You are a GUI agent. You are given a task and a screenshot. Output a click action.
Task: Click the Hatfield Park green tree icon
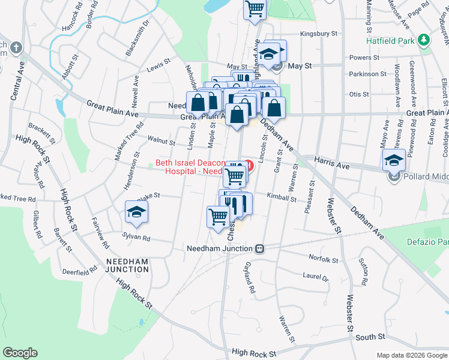[424, 40]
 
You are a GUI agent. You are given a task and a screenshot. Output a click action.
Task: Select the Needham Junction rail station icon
[260, 248]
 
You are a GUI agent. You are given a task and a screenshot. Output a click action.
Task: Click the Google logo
[20, 353]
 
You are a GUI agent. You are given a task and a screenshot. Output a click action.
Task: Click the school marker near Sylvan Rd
[137, 212]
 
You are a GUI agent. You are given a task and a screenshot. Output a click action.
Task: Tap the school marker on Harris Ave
[393, 160]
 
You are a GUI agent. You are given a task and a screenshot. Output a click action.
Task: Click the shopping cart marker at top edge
[255, 9]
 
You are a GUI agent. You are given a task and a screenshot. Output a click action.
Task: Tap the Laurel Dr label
[316, 278]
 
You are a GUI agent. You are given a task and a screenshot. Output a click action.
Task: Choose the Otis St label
[358, 94]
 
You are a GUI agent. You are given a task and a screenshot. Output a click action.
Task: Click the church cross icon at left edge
[15, 47]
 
